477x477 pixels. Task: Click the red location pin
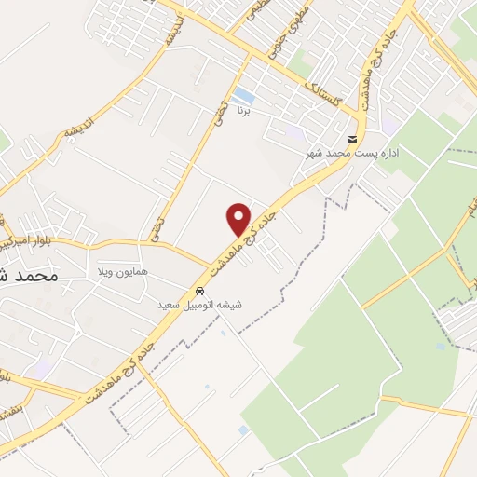click(239, 219)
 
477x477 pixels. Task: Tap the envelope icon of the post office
click(351, 136)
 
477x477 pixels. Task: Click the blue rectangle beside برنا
click(243, 94)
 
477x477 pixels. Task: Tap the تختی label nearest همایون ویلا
click(156, 226)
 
